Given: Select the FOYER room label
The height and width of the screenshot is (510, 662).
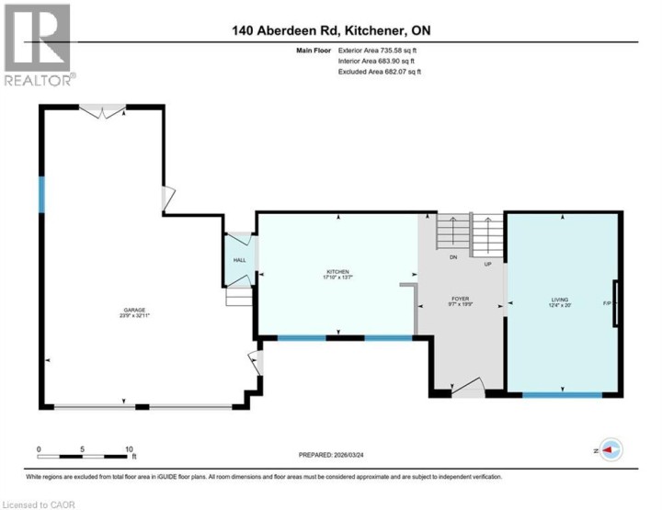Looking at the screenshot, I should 460,300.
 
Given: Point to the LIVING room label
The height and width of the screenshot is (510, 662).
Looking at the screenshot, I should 559,300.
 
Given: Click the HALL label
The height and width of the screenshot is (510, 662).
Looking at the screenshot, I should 239,261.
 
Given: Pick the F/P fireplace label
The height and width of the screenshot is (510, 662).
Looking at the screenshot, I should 607,303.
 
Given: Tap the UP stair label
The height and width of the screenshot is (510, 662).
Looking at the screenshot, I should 488,265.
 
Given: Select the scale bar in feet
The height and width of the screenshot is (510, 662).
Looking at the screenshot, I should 86,455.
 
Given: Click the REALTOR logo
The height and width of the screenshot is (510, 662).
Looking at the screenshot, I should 39,46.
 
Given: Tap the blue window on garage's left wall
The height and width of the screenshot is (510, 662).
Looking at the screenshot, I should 40,194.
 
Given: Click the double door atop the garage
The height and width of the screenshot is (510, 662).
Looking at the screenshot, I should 101,110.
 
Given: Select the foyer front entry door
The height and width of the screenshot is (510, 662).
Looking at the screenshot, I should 468,388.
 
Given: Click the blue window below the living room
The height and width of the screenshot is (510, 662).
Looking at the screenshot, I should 562,394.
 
